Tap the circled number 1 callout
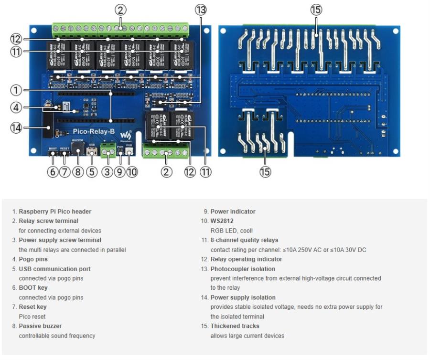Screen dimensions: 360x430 (16, 90)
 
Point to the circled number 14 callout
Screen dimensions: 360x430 (16, 127)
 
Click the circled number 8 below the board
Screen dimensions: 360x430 (78, 171)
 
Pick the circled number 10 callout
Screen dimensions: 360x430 (132, 171)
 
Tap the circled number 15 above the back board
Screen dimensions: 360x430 (316, 9)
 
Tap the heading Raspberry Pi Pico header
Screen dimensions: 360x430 (55, 212)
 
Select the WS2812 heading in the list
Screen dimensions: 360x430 (222, 221)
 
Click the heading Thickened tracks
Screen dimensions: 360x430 (235, 326)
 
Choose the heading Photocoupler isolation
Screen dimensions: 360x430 (243, 269)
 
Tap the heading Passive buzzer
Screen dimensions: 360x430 (40, 326)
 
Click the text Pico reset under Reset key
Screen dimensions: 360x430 (32, 317)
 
